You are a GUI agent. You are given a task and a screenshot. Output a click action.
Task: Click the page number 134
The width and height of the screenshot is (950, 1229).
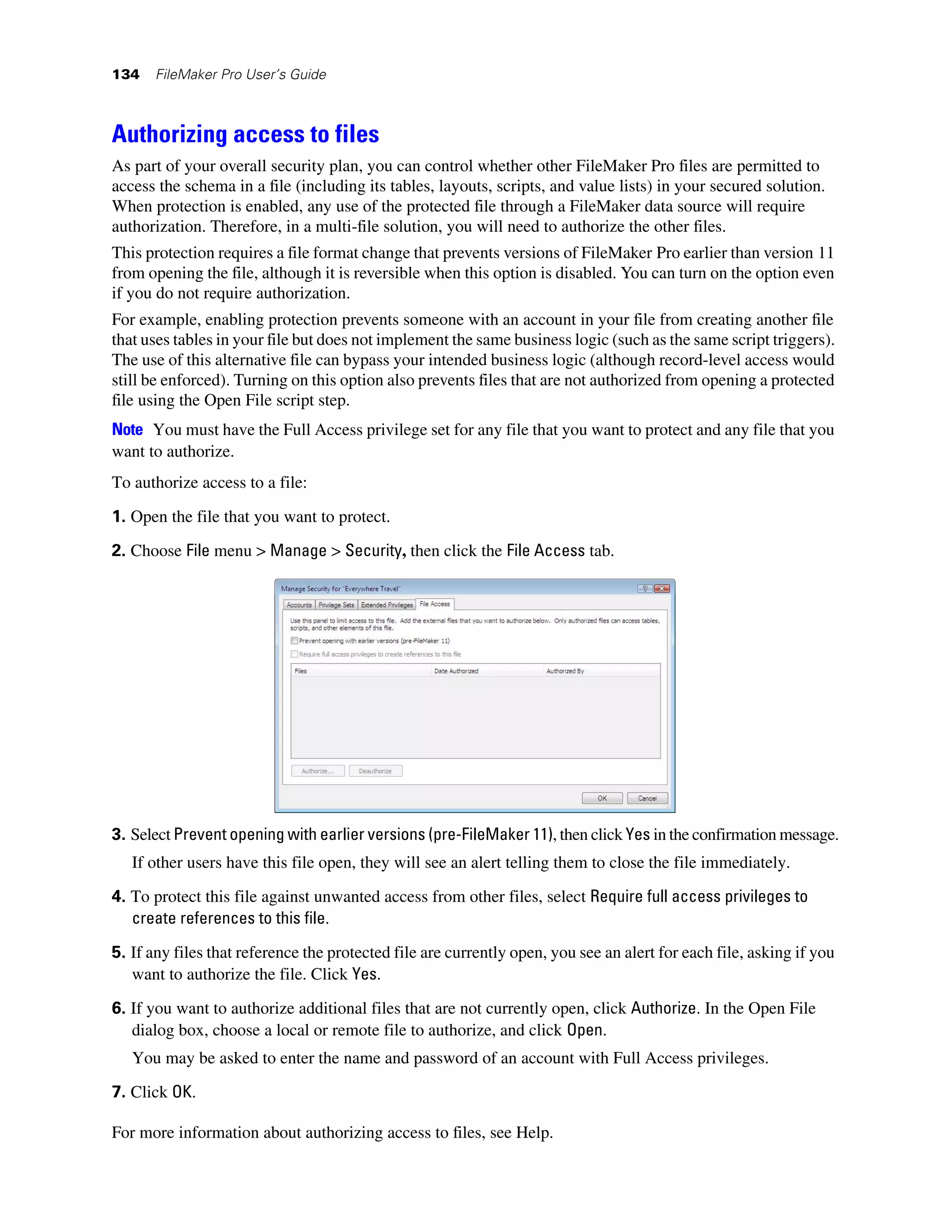(126, 74)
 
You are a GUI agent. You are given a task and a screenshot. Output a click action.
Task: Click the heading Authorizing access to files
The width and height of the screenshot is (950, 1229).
(245, 134)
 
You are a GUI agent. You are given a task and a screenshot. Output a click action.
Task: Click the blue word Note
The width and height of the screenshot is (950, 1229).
(127, 429)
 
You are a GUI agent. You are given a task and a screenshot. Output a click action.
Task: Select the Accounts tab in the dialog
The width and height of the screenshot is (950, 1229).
(299, 605)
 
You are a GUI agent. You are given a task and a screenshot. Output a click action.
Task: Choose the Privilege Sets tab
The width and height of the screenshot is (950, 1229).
(336, 605)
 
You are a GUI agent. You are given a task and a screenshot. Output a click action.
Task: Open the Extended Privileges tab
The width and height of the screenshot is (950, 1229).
(387, 605)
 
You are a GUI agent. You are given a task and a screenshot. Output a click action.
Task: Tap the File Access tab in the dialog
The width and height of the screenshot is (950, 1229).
(435, 604)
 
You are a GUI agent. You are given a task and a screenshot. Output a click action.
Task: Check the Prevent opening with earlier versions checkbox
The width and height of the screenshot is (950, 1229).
(295, 640)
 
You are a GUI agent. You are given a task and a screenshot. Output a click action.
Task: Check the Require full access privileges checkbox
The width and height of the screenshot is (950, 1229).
(295, 654)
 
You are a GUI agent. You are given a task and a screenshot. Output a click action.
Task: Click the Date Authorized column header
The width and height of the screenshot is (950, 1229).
(456, 671)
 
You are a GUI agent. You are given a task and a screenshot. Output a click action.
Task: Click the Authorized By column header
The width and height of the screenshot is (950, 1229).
(565, 671)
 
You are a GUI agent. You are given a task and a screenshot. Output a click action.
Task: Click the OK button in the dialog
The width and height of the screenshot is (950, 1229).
(602, 798)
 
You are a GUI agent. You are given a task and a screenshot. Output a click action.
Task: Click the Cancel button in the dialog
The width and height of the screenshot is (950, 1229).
(647, 798)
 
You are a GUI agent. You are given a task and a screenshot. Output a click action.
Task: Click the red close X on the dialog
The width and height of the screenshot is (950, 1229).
(662, 589)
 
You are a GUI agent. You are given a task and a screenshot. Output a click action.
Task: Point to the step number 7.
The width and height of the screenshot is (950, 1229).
(118, 1092)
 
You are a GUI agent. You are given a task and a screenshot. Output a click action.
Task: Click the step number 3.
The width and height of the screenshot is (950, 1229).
(118, 834)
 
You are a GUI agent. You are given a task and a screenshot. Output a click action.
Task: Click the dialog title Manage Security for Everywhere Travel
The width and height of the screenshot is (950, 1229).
(340, 589)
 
